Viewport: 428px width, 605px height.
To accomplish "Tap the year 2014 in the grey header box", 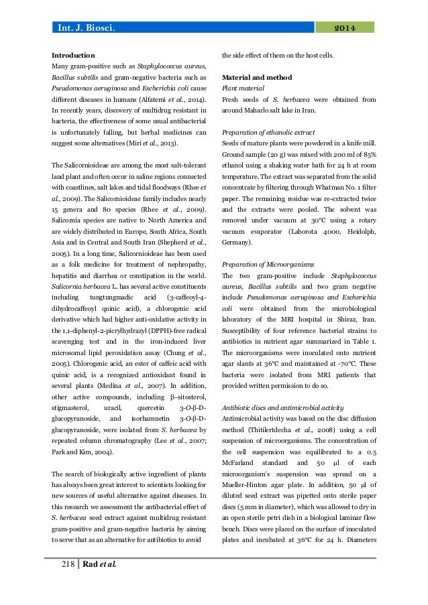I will coord(343,27).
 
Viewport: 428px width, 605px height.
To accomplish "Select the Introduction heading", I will coord(73,54).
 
